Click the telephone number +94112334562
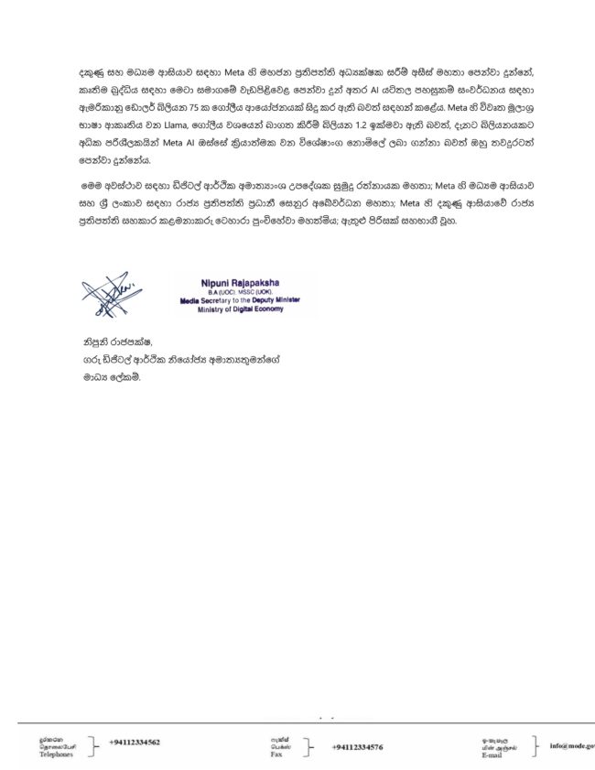coord(135,742)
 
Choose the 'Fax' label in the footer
coord(276,755)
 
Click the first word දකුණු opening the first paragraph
coord(92,71)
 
